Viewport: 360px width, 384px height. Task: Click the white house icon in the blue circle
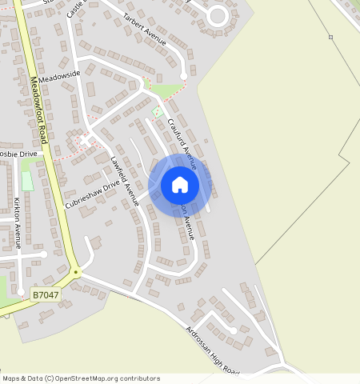tap(180, 185)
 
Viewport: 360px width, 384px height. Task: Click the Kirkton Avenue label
tap(17, 223)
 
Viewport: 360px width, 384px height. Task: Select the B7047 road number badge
tap(45, 295)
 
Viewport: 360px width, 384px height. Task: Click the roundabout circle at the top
tap(217, 15)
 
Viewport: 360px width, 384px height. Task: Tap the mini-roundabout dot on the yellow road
tap(76, 273)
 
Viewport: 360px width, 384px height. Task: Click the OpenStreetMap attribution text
tap(81, 378)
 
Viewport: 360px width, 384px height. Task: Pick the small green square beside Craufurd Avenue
tap(157, 110)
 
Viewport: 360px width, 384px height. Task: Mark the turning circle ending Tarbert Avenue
tap(184, 76)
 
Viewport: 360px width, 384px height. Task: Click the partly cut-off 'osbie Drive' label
tap(18, 154)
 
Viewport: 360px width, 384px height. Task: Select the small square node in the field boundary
tap(330, 37)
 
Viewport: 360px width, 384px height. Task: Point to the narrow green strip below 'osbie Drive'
tap(27, 181)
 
